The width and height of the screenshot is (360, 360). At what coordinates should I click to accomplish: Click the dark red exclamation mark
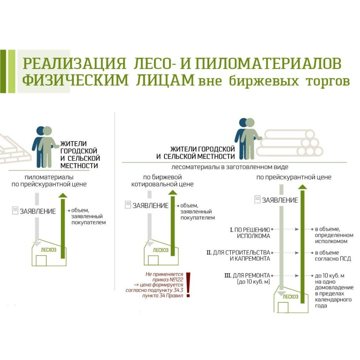(188, 285)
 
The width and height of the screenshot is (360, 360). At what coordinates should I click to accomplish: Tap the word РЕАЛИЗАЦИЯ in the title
(74, 63)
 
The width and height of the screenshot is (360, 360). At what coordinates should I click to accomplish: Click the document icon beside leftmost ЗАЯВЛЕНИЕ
(15, 210)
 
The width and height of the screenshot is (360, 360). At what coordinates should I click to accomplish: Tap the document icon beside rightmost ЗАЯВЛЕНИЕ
(258, 199)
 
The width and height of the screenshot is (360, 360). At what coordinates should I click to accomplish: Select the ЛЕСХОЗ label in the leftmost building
(49, 250)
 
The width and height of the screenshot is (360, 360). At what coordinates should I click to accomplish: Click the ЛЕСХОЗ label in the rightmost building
(290, 297)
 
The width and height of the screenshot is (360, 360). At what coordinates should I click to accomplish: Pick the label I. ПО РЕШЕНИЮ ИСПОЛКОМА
(250, 233)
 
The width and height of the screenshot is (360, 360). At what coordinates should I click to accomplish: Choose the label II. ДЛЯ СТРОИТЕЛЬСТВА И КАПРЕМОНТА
(238, 256)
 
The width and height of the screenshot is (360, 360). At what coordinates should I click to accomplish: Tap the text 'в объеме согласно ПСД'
(333, 256)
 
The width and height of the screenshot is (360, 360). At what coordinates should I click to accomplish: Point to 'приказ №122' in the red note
(168, 279)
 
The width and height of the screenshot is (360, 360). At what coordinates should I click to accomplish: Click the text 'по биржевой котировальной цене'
(162, 180)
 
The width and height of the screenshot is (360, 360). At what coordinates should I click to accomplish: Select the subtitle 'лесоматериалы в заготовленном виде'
(230, 167)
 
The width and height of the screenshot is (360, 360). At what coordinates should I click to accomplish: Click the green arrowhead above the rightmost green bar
(302, 187)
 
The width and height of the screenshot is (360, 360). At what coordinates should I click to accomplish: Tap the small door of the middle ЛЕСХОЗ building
(153, 260)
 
